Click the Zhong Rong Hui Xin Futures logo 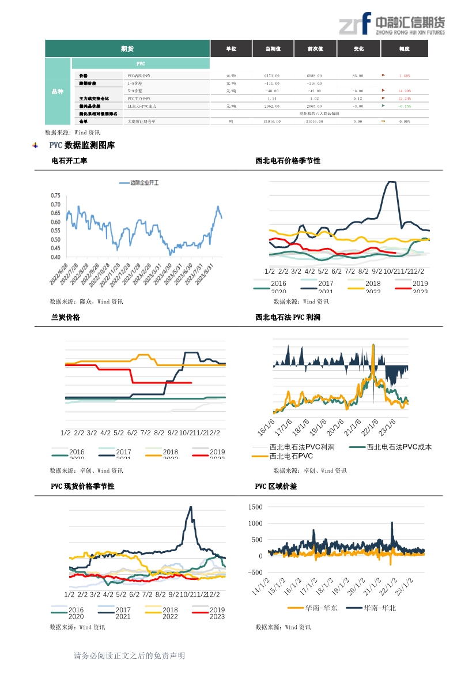click(391, 24)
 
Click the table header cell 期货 click(127, 49)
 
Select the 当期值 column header click(272, 49)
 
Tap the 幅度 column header click(404, 49)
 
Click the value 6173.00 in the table click(272, 76)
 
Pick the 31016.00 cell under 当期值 click(272, 121)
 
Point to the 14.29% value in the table click(404, 91)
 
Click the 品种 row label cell click(58, 91)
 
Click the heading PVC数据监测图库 click(82, 145)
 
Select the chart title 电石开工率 click(69, 161)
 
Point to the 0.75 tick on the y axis click(55, 196)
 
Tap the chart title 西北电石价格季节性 click(288, 161)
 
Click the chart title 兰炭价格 click(66, 317)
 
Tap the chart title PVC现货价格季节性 click(82, 486)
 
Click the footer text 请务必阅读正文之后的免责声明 click(129, 656)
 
